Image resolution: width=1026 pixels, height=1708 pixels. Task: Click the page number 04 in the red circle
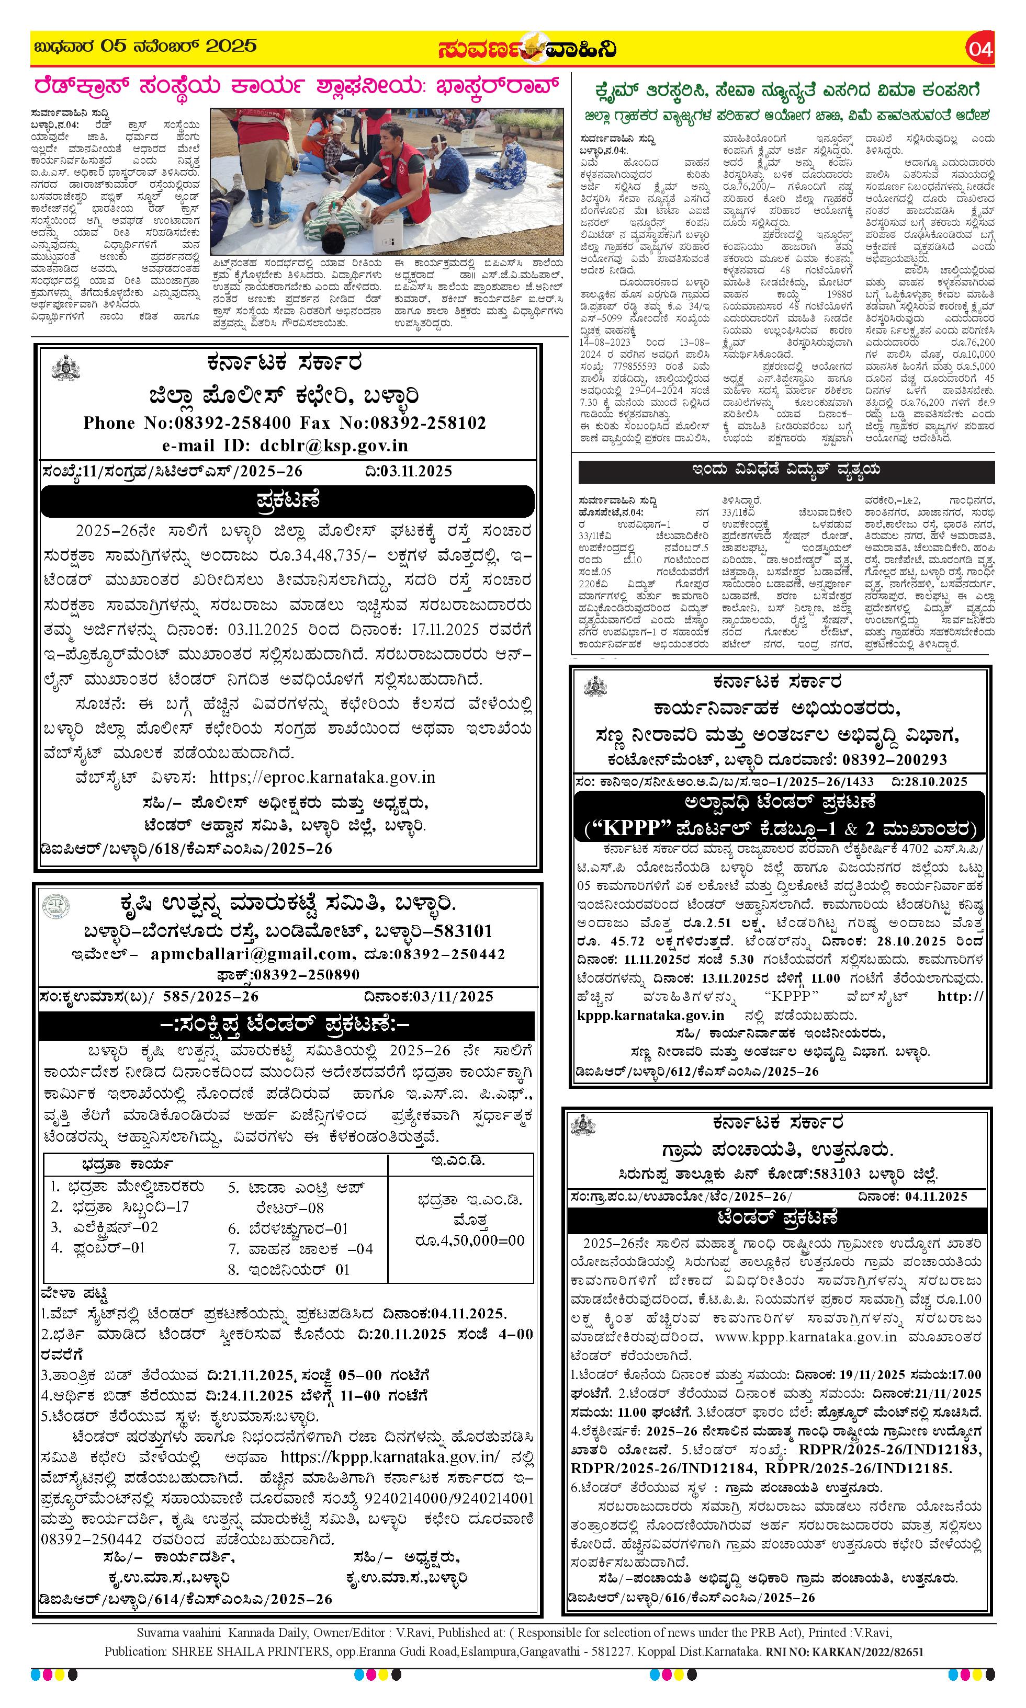pos(980,49)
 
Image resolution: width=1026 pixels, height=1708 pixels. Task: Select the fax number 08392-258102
pos(428,423)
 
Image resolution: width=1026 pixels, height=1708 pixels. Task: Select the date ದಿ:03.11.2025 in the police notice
pos(408,471)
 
